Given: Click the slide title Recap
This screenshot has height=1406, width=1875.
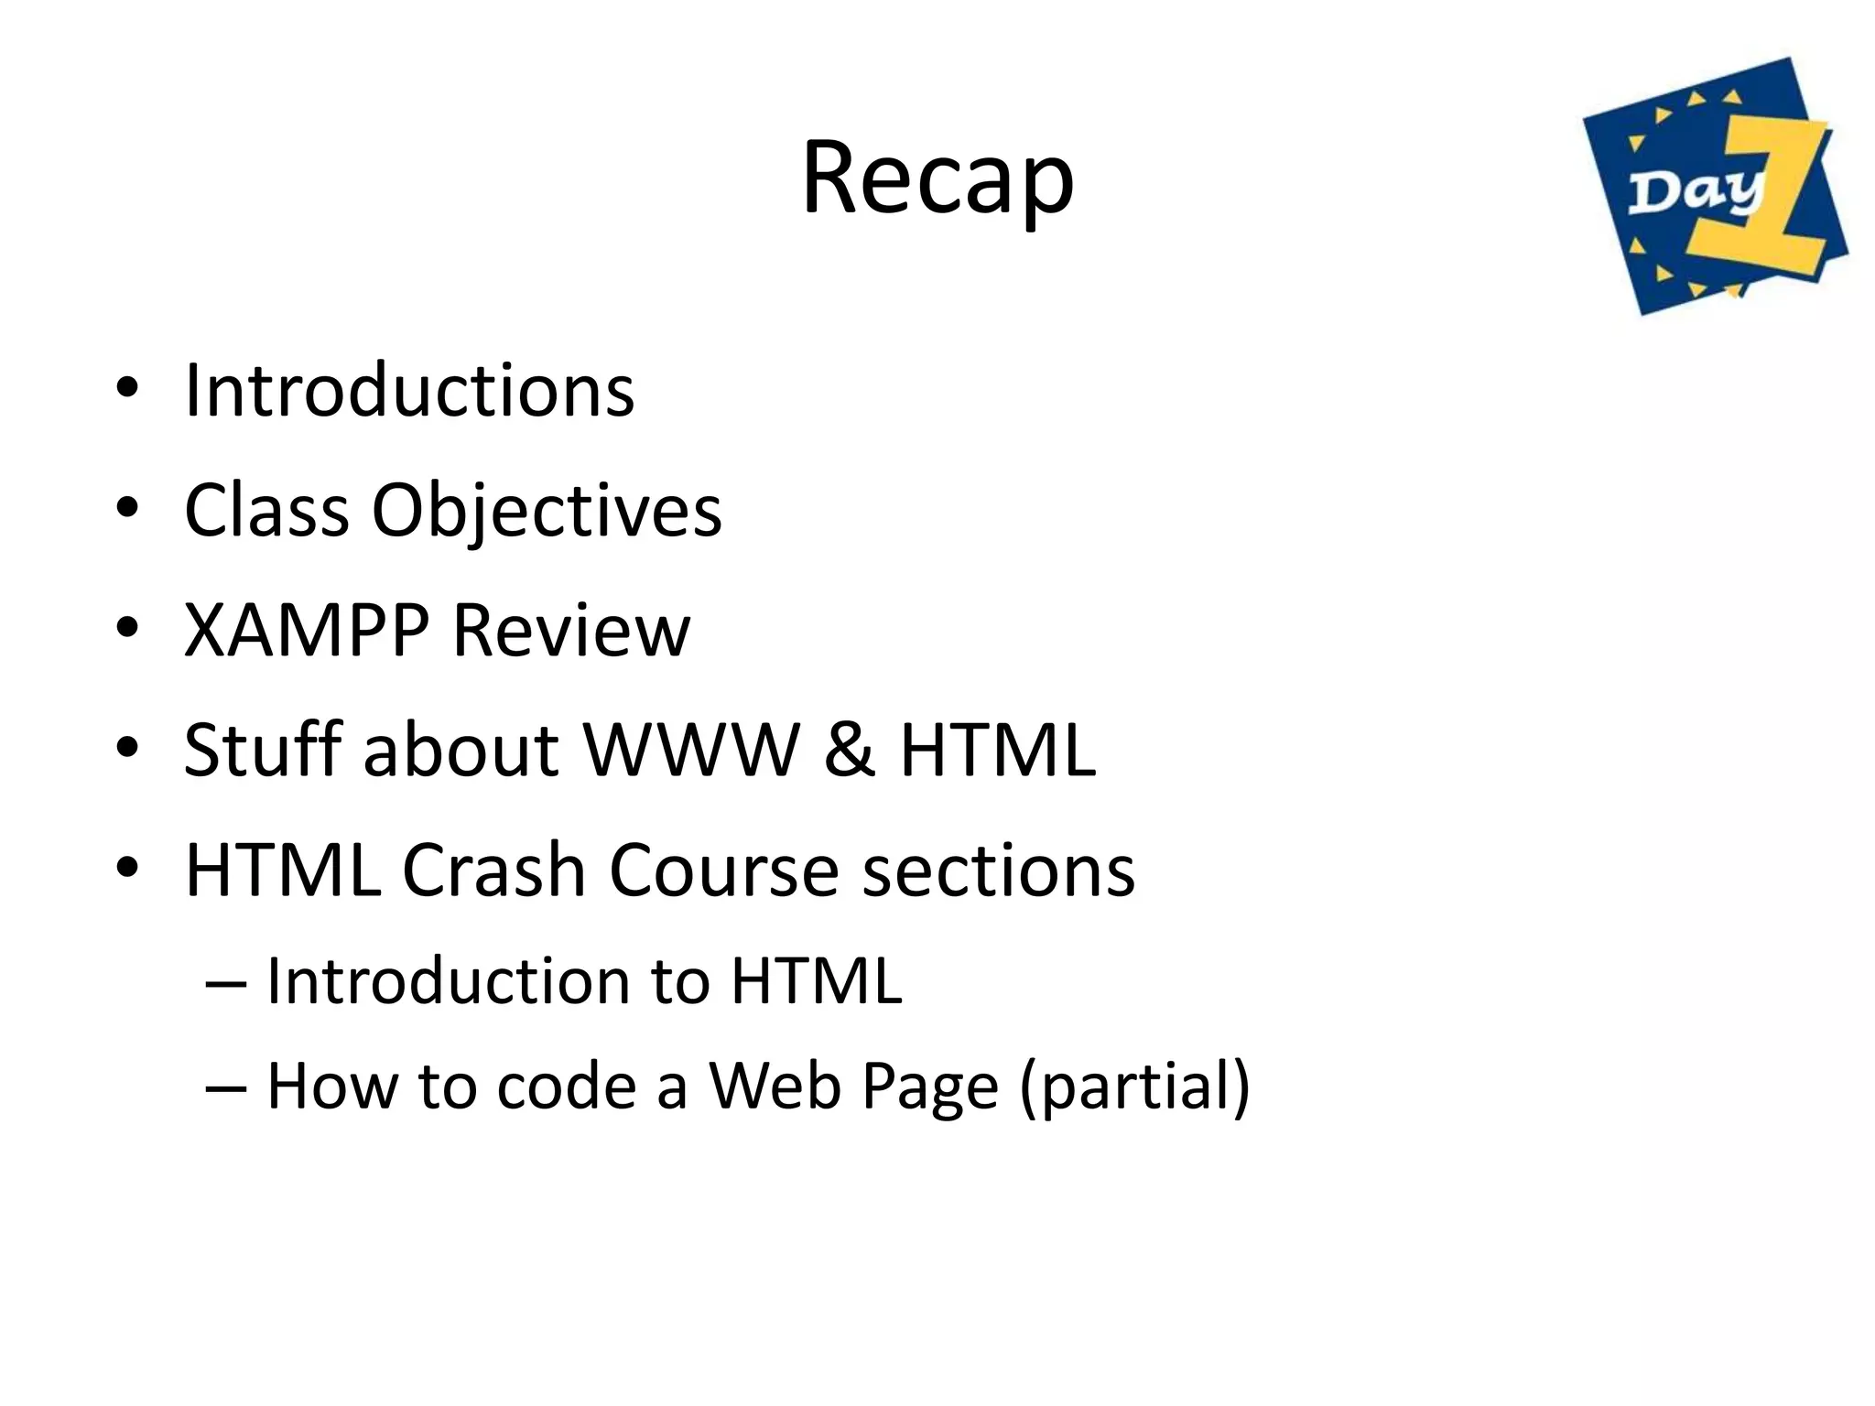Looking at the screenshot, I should tap(937, 178).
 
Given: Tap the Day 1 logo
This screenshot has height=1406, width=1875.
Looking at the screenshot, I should tap(1715, 187).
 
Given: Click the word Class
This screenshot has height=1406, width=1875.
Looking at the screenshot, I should tap(266, 510).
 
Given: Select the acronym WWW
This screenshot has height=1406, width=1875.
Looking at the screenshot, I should tap(692, 750).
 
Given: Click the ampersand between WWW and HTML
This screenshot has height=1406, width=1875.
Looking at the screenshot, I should tap(850, 750).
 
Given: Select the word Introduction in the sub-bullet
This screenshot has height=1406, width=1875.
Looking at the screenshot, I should tap(448, 980).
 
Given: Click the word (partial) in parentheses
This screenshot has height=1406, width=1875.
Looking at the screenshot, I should tap(1134, 1087).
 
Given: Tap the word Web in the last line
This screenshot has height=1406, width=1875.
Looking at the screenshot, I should tap(775, 1087).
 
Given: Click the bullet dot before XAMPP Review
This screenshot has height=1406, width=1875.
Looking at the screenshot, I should tap(127, 628).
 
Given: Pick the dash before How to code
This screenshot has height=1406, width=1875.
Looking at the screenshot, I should tap(225, 1087).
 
